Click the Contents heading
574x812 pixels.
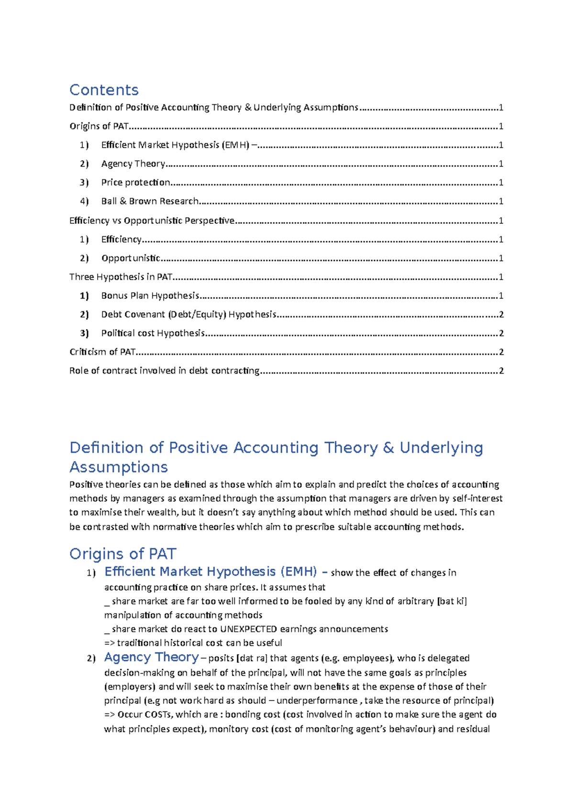tap(104, 90)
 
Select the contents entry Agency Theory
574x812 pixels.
tap(133, 164)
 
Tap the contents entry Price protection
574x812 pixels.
tap(135, 183)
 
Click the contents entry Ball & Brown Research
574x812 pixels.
tap(150, 201)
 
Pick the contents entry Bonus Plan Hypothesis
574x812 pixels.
tap(150, 296)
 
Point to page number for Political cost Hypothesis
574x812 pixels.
tap(501, 333)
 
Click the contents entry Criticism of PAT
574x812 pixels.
tap(102, 352)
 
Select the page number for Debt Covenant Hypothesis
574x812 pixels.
tap(501, 315)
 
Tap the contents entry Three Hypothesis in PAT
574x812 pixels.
tap(121, 277)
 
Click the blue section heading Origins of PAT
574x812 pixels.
tap(122, 554)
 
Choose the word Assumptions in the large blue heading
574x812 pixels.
tap(119, 467)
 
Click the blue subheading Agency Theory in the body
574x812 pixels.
tap(151, 657)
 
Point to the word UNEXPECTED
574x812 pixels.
tap(248, 629)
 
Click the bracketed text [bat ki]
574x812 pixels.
tap(452, 601)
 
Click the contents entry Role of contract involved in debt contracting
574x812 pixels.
tap(164, 371)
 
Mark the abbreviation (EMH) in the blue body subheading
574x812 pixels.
tap(298, 572)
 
